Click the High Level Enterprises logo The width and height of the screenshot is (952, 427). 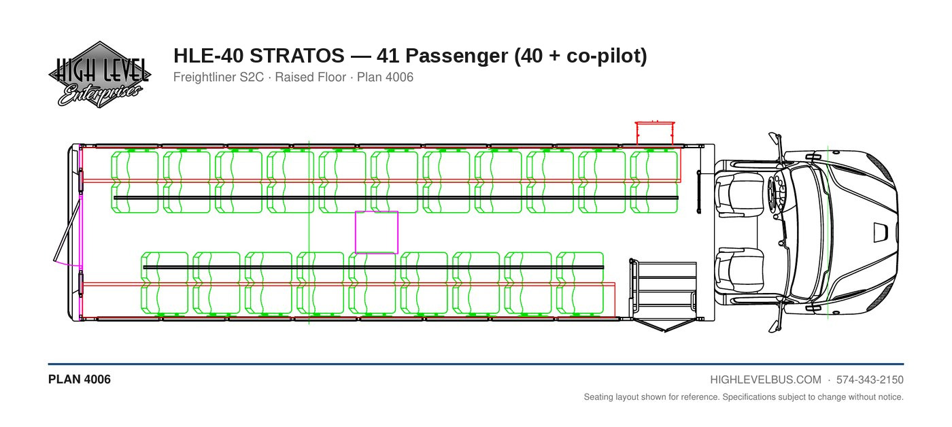[x=99, y=74]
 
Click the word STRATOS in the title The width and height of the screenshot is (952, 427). [x=296, y=56]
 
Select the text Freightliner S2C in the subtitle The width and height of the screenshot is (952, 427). [x=218, y=78]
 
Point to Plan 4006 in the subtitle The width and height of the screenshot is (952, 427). [x=385, y=78]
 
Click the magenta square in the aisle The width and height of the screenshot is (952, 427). [x=377, y=233]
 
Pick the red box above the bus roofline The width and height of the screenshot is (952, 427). [x=654, y=133]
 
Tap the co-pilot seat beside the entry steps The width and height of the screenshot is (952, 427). [x=740, y=270]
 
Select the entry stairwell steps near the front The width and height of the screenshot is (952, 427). [x=664, y=289]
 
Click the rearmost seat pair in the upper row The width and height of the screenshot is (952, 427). [x=135, y=182]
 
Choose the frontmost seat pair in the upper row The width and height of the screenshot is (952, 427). [x=653, y=182]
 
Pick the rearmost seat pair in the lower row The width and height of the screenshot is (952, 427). [x=165, y=283]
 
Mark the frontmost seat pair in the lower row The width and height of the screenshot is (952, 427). [x=580, y=283]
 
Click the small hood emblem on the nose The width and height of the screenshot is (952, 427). [x=881, y=233]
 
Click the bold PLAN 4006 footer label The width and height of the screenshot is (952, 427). [x=80, y=379]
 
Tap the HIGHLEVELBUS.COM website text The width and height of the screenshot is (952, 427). [x=766, y=380]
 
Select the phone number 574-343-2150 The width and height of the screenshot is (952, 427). [x=870, y=380]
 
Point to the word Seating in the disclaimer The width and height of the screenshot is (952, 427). [x=598, y=397]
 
